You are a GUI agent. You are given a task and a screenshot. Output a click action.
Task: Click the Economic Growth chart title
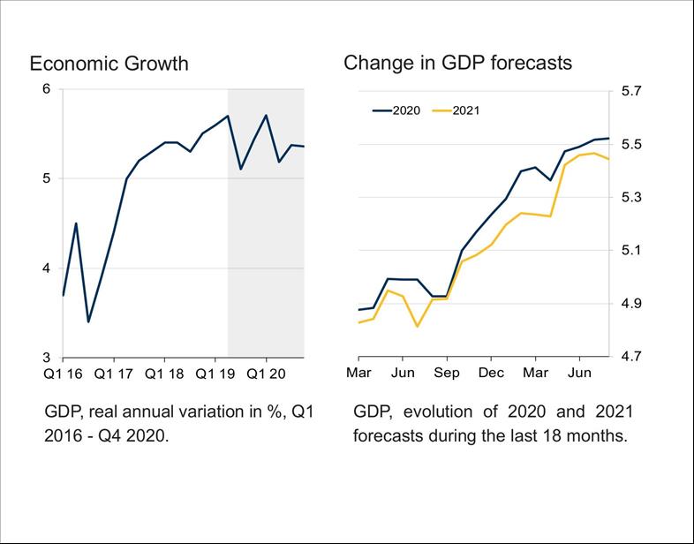(109, 64)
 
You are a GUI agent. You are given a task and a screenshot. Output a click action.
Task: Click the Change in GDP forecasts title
(457, 63)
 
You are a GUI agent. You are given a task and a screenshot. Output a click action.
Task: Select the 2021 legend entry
(465, 110)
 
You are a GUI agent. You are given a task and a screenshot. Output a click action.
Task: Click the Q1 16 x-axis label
(64, 374)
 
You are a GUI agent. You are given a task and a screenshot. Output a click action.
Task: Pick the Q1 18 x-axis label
(164, 374)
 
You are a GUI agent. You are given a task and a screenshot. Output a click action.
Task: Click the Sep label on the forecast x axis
(447, 374)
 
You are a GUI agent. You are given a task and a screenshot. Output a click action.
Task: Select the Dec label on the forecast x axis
(491, 374)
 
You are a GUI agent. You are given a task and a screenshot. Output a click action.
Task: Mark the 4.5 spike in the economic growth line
(76, 223)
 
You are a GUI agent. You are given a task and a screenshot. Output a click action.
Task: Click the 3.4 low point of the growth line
(88, 321)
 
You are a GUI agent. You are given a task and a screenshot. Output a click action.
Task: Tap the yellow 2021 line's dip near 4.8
(418, 327)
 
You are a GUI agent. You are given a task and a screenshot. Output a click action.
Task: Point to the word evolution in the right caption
(439, 412)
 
